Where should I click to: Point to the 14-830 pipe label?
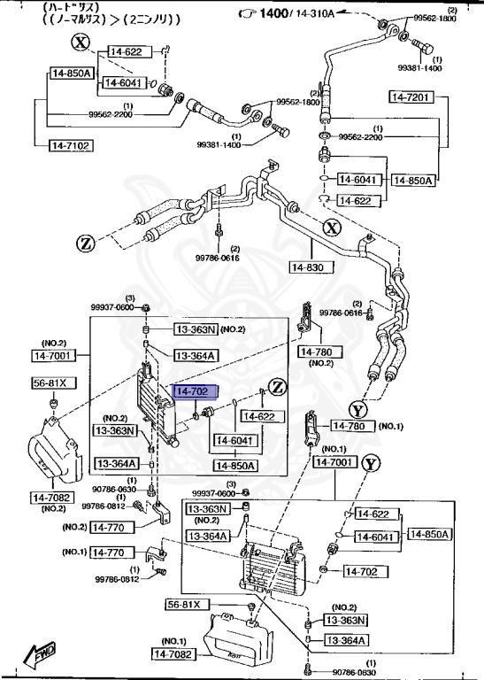(309, 266)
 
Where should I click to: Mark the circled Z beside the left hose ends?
(85, 242)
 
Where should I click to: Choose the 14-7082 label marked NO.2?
(53, 498)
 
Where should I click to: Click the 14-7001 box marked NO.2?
(55, 356)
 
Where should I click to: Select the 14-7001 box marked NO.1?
(334, 462)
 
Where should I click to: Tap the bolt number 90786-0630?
(113, 488)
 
